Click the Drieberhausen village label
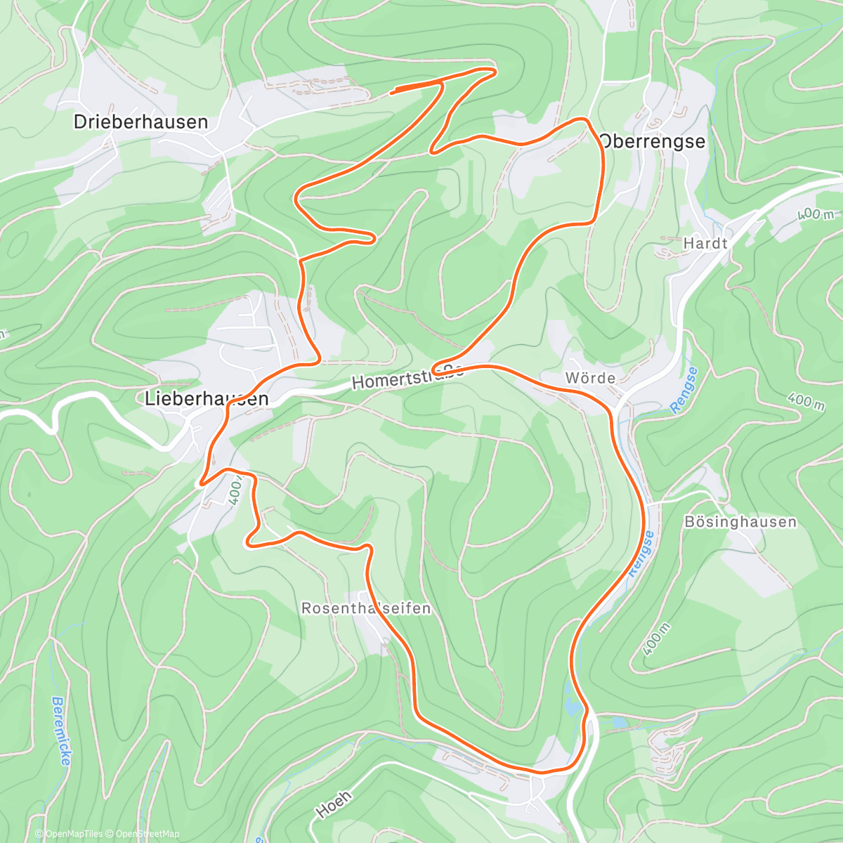point(140,122)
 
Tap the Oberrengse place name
point(652,141)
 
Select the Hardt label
point(705,244)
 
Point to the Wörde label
point(590,379)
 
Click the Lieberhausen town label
point(207,399)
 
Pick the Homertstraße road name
point(407,377)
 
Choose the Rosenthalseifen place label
point(366,608)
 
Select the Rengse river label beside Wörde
point(683,390)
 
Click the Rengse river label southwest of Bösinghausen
point(641,554)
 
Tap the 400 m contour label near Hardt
point(815,213)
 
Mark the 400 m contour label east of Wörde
point(806,402)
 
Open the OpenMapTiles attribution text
point(70,834)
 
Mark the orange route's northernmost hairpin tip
point(495,70)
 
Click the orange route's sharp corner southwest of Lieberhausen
point(202,483)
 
